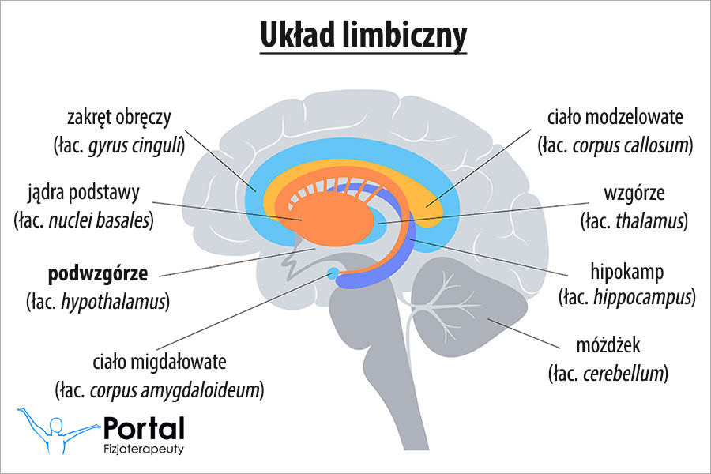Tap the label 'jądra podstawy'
[86, 193]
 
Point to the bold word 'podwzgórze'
[97, 274]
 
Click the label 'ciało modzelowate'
[615, 118]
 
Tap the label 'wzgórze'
[634, 194]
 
